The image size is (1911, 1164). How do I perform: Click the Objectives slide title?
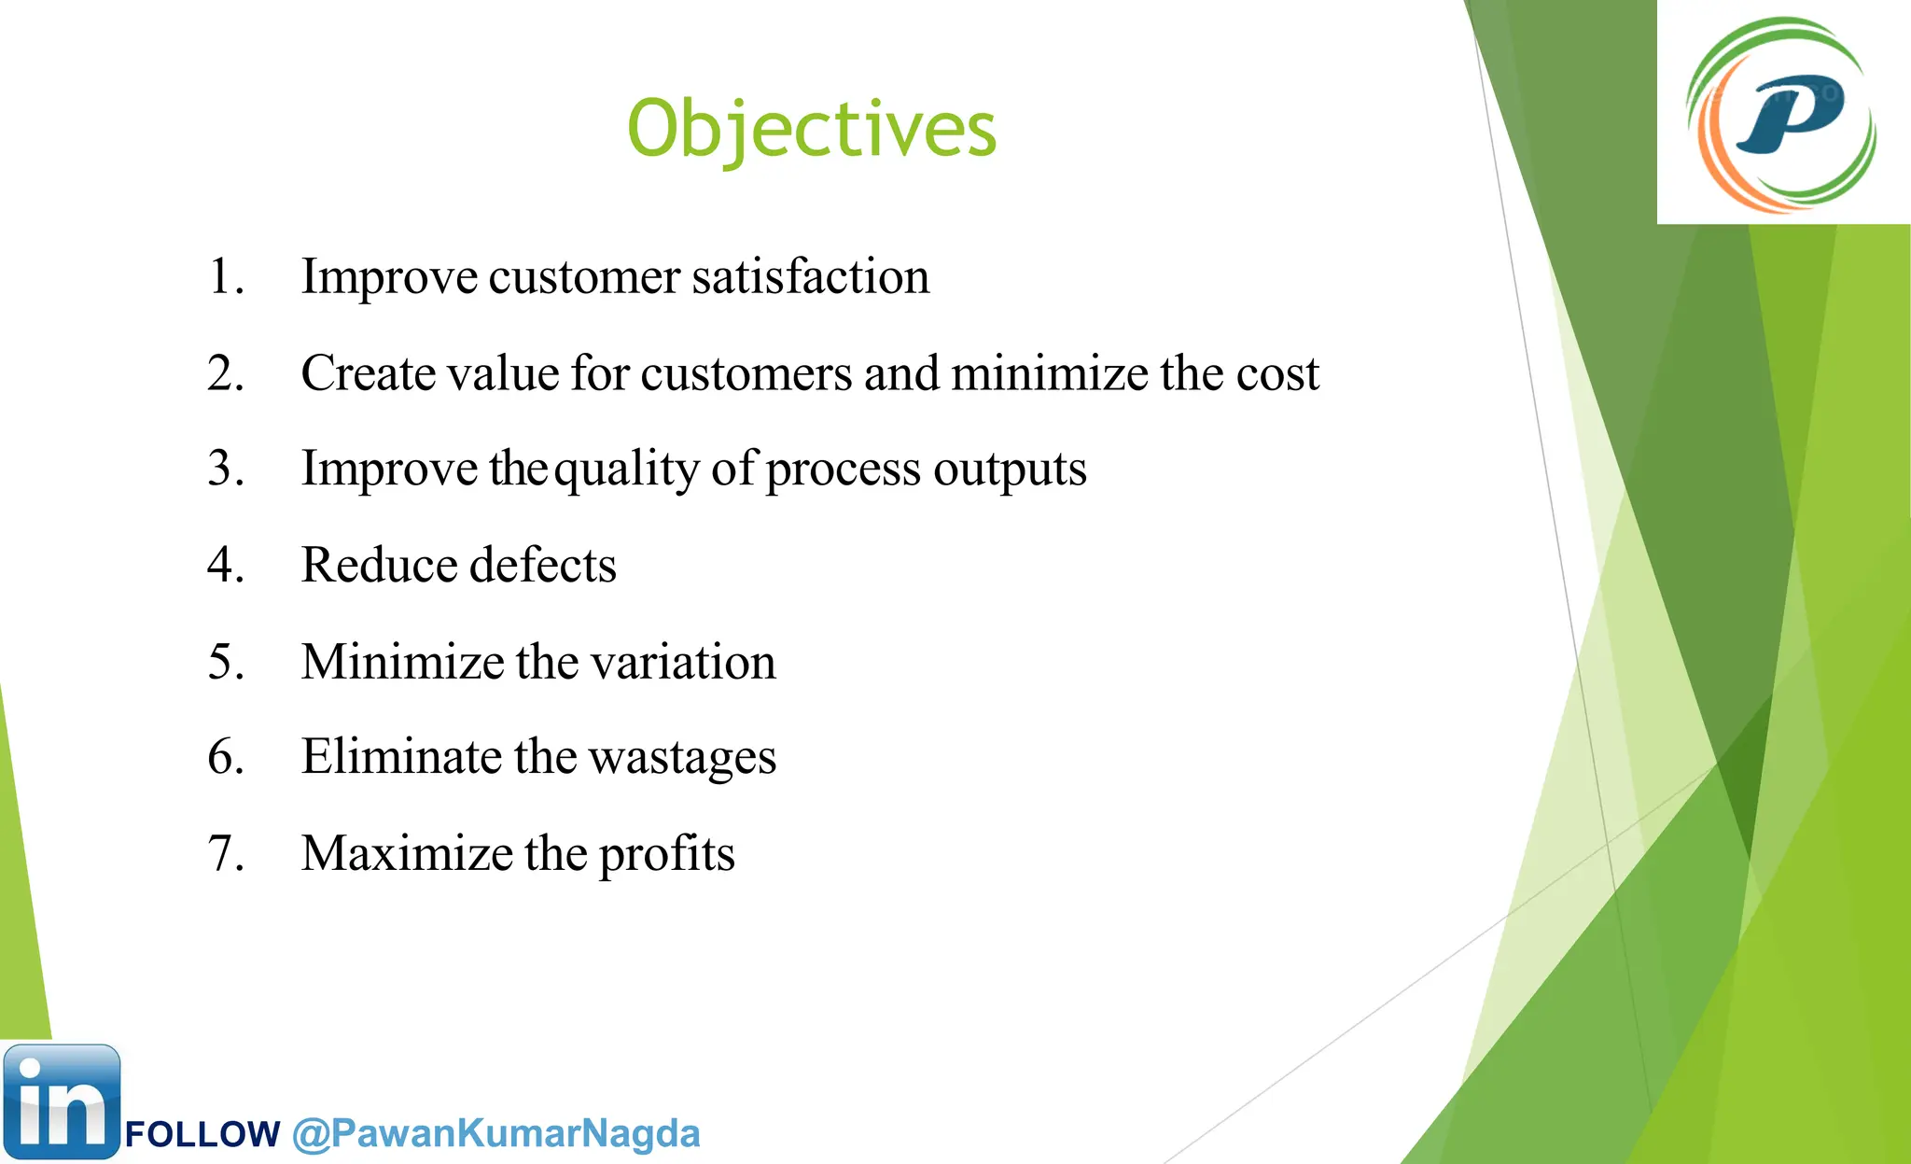point(812,129)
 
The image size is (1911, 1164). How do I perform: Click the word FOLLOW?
point(202,1135)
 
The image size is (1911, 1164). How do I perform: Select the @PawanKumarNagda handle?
point(495,1133)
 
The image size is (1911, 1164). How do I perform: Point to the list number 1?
point(225,276)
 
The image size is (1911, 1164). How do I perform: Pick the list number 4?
point(225,565)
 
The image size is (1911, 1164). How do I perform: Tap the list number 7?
point(225,853)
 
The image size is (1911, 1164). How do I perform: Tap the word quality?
point(626,470)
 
